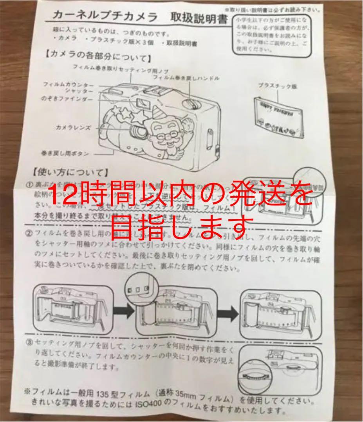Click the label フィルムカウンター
pos(69,84)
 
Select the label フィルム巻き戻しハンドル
pos(186,78)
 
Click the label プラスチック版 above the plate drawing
pos(277,86)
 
